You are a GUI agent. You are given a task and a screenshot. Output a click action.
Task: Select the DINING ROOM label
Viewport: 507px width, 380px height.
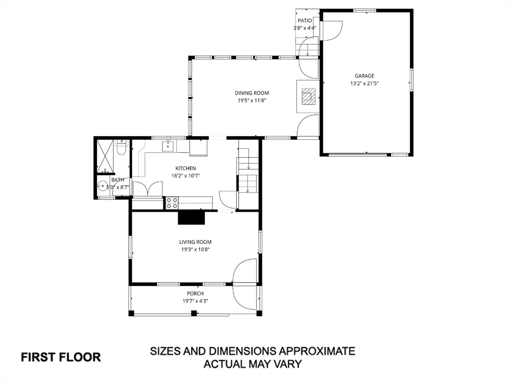(x=252, y=93)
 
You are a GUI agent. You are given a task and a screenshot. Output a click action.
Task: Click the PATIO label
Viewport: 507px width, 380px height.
(x=304, y=21)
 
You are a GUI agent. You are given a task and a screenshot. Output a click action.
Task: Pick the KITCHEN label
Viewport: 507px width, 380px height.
(x=186, y=168)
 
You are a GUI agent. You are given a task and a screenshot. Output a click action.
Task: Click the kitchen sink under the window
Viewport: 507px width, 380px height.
(x=168, y=146)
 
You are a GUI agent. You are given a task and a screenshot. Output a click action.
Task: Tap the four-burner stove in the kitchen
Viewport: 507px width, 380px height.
(x=172, y=203)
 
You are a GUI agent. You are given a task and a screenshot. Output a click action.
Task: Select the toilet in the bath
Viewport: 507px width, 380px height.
(x=121, y=148)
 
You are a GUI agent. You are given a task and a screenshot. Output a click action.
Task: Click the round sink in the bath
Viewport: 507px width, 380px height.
(x=103, y=187)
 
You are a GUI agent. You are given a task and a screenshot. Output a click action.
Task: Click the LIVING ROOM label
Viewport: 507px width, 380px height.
(x=195, y=242)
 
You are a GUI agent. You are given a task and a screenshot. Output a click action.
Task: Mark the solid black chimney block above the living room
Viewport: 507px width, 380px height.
(x=191, y=218)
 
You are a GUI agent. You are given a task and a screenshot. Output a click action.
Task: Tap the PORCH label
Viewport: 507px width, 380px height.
(x=195, y=293)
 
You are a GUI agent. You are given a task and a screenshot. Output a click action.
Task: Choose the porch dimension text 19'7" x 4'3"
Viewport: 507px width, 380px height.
(x=195, y=301)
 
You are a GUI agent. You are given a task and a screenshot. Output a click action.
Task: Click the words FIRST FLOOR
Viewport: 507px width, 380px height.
(x=60, y=357)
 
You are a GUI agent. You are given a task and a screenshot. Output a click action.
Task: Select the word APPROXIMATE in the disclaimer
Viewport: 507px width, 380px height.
(x=317, y=351)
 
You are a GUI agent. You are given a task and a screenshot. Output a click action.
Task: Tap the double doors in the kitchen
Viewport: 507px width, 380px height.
(x=148, y=189)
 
